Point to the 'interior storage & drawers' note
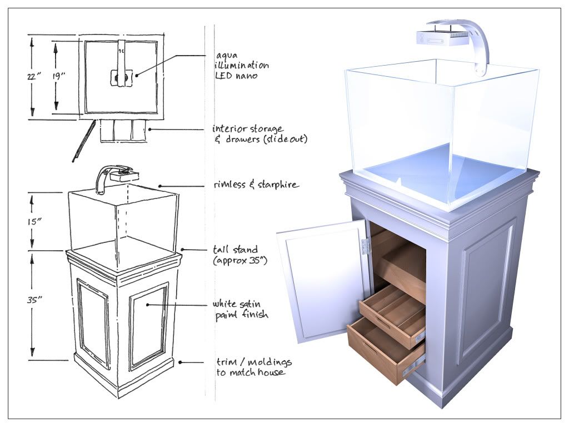click(259, 134)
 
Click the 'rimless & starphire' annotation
click(256, 185)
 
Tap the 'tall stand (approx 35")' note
click(240, 255)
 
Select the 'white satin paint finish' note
click(240, 309)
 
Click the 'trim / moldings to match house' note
click(253, 367)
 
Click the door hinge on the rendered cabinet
click(365, 246)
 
